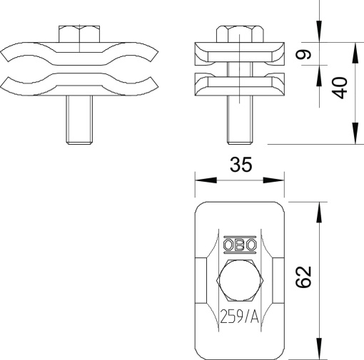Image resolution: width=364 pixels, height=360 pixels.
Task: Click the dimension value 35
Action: (241, 165)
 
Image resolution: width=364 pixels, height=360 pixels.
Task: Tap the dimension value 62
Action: (303, 277)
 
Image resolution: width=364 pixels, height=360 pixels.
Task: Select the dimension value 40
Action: (340, 88)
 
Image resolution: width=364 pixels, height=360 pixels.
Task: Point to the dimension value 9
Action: (303, 54)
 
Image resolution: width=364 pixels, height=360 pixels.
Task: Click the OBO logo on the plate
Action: (240, 245)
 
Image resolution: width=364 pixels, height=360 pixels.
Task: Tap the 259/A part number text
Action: (239, 317)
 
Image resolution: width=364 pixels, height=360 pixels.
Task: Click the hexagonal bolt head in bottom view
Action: (240, 281)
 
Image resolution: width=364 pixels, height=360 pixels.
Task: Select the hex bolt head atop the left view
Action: (79, 34)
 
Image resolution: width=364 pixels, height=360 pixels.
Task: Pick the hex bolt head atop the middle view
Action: (240, 34)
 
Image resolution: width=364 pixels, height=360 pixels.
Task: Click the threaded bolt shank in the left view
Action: (79, 120)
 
